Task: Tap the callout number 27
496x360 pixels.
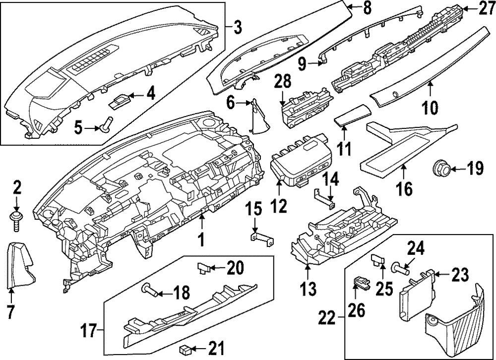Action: pyautogui.click(x=485, y=8)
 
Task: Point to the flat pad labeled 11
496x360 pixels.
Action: pyautogui.click(x=352, y=118)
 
